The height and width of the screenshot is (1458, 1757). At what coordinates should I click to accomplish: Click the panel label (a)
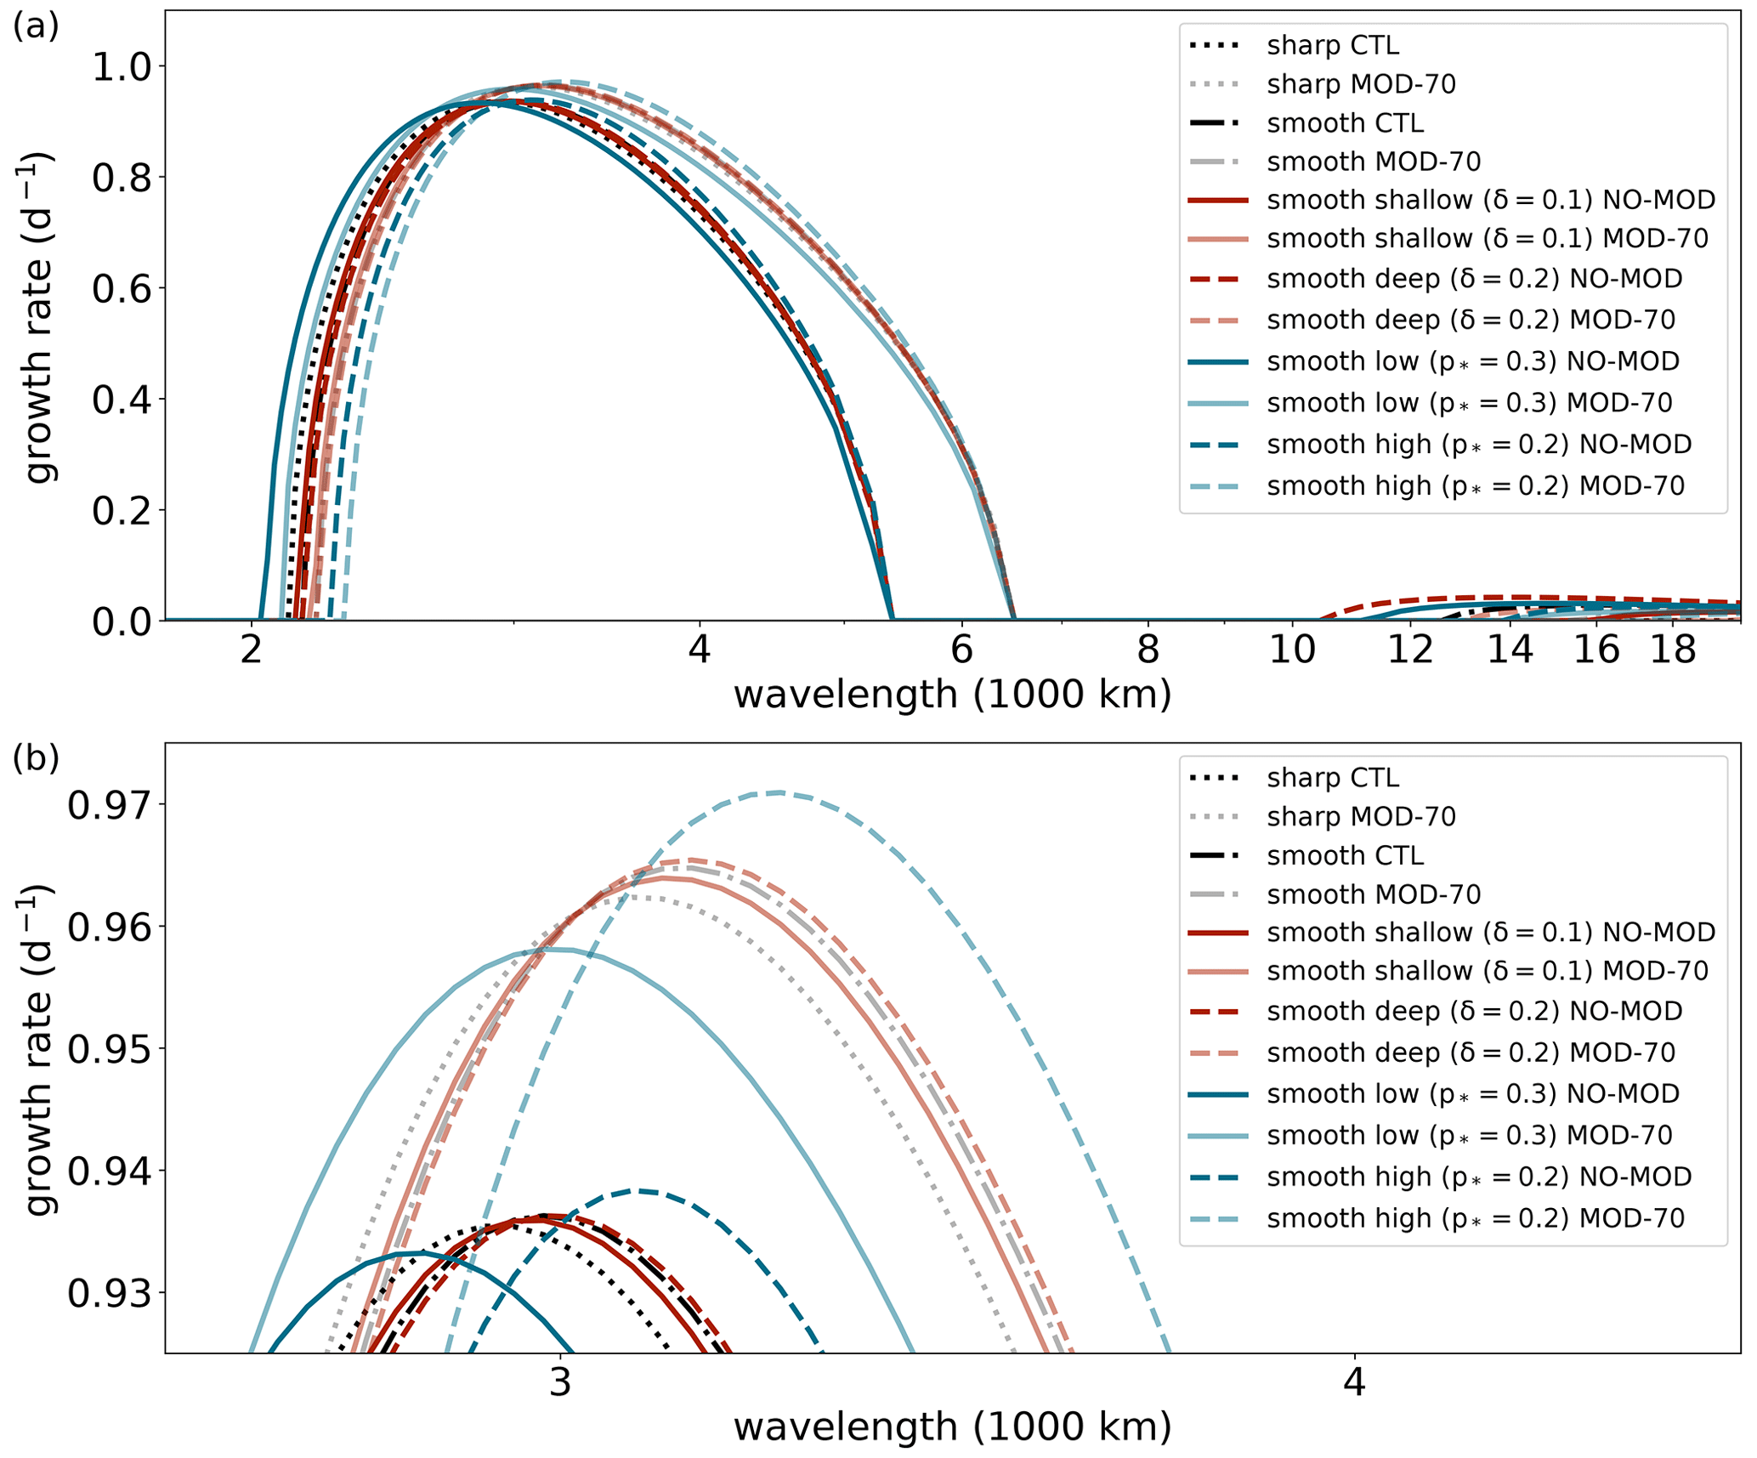coord(35,27)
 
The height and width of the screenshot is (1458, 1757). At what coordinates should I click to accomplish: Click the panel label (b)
coord(35,758)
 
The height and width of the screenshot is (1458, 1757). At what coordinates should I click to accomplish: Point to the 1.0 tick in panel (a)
coord(118,67)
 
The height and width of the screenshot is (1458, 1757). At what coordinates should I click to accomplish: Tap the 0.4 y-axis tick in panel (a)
coord(118,400)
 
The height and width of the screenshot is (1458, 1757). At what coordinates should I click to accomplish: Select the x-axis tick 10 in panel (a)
coord(1292,650)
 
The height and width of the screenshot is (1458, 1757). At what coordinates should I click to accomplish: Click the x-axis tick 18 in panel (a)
coord(1672,650)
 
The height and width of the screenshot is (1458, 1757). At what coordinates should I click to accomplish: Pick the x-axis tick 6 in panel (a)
coord(961,650)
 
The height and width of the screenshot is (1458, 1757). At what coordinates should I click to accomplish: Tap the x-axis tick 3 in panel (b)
coord(559,1383)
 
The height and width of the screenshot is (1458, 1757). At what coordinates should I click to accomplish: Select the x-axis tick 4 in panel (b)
coord(1354,1383)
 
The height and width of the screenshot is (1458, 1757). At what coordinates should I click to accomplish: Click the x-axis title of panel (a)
coord(952,695)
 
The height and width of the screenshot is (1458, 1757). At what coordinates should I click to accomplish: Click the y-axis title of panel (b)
coord(39,1050)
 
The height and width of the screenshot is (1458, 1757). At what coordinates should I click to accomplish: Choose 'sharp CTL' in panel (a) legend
coord(1332,45)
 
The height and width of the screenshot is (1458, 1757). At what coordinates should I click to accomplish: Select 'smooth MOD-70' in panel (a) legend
coord(1373,162)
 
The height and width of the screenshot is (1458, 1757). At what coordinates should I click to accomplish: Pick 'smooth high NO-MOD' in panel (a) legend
coord(1478,445)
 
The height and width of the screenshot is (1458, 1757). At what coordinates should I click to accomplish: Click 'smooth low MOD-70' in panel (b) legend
coord(1469,1135)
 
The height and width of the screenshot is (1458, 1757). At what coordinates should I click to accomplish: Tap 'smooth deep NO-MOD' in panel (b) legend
coord(1474,1011)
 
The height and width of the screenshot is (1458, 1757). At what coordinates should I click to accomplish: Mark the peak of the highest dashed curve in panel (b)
coord(778,792)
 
